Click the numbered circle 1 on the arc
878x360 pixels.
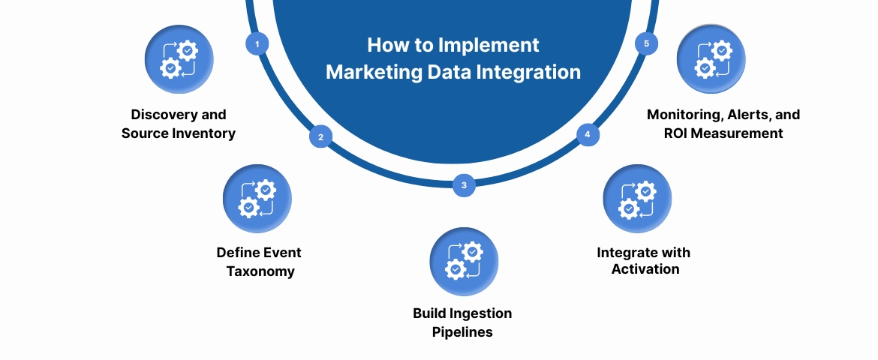257,44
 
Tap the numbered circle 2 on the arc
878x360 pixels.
320,137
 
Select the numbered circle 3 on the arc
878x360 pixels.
464,185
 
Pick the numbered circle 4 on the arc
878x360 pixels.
588,135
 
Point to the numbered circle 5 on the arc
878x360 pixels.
646,43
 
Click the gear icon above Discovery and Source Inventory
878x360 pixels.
179,59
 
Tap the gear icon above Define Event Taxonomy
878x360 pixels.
257,199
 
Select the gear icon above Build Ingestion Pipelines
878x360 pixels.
464,262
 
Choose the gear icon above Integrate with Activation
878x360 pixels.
637,199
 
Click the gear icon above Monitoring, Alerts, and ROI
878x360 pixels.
711,59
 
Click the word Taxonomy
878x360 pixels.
260,271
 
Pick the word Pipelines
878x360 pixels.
463,331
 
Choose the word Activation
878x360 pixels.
645,269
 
